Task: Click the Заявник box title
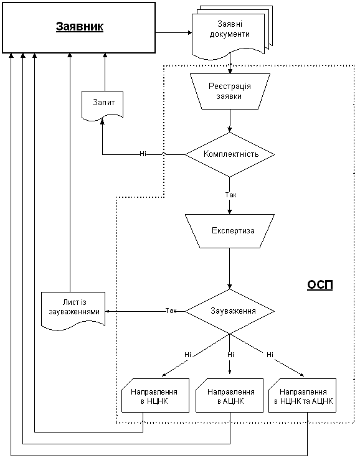80,27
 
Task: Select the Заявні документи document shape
232,32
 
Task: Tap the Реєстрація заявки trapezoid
230,91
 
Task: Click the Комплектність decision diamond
230,154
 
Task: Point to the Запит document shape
102,106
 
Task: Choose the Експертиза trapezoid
230,231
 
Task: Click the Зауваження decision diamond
230,311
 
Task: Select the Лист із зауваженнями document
73,310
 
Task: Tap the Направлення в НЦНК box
155,395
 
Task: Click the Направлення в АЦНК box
229,395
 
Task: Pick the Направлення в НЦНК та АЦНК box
302,395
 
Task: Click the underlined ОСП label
320,284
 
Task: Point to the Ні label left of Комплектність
143,154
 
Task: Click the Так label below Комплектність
230,195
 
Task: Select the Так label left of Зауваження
171,311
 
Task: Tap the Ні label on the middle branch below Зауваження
230,355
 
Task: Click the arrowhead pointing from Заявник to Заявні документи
190,32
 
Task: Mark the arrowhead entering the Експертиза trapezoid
230,212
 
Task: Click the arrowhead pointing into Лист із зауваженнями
108,311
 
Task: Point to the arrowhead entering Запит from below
102,121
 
